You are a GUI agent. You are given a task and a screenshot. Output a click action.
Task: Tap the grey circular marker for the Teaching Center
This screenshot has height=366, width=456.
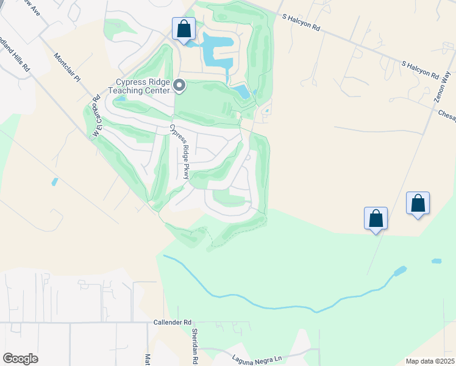179,85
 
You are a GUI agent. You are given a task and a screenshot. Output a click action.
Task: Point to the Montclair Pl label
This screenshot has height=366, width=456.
67,68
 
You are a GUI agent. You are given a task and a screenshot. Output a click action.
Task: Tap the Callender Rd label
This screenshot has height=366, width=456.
173,321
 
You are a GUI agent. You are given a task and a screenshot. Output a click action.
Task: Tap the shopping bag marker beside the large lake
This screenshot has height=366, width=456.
183,29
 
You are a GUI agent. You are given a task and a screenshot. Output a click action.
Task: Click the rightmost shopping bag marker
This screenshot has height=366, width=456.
418,203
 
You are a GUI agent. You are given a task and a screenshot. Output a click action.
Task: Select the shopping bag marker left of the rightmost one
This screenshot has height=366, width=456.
376,218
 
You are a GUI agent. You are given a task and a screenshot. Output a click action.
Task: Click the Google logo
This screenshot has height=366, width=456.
20,358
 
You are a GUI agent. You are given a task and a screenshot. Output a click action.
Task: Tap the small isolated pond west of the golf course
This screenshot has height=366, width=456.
55,182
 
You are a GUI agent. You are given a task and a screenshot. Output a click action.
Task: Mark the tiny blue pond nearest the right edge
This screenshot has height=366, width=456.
436,261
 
